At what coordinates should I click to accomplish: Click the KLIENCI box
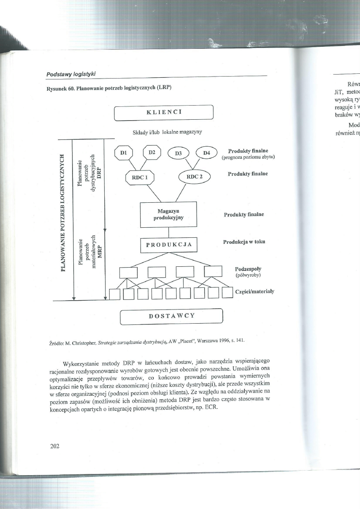point(163,112)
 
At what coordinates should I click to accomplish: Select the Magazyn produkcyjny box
point(168,215)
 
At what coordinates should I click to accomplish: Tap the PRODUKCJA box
point(168,245)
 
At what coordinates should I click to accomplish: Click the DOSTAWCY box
point(172,316)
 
